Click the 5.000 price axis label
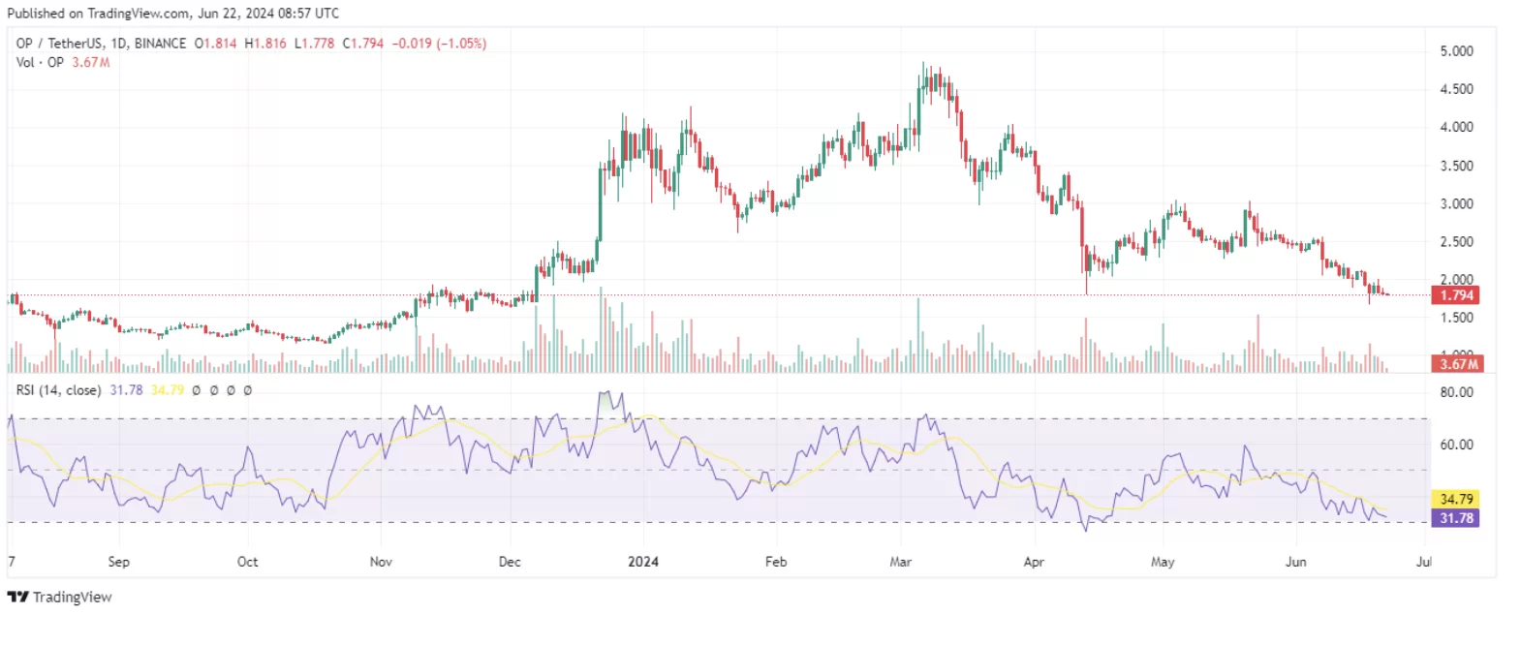coord(1456,51)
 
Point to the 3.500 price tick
coord(1456,166)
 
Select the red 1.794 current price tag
coord(1456,295)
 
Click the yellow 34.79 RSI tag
coord(1456,499)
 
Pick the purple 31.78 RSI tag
coord(1456,518)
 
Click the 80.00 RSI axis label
coord(1456,392)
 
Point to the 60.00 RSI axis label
coord(1456,445)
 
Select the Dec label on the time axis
coord(510,562)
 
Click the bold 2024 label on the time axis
coord(643,562)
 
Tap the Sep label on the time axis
coord(118,562)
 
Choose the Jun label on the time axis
coord(1295,562)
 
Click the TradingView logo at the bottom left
coord(60,598)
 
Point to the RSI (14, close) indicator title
coord(58,390)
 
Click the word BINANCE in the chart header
coord(160,44)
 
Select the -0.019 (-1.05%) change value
coord(439,44)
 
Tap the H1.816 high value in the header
coord(265,44)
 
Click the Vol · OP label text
coord(40,62)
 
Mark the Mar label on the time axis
coord(901,562)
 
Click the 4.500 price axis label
coord(1456,89)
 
